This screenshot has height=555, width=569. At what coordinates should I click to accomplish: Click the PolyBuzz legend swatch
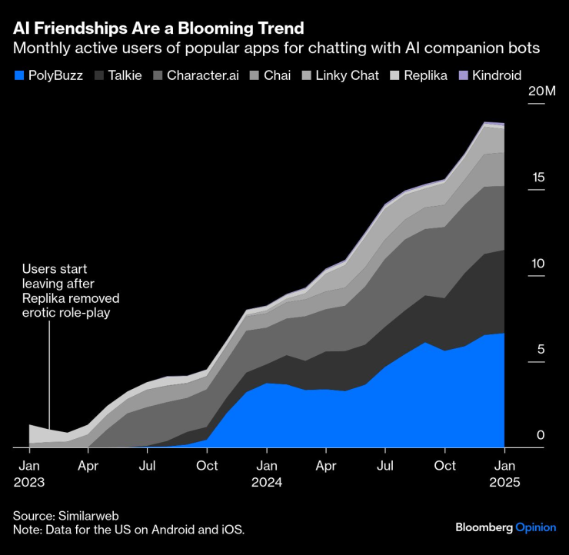(x=19, y=75)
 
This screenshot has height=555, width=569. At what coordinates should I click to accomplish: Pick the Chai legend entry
(x=277, y=75)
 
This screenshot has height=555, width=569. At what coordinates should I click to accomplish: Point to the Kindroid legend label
(x=495, y=75)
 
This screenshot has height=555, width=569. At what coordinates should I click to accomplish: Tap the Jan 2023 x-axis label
(x=29, y=474)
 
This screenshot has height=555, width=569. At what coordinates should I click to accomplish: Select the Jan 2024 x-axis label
(x=267, y=474)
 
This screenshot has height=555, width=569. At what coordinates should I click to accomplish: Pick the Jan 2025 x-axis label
(x=504, y=474)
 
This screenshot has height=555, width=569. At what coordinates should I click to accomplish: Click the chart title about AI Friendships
(x=158, y=28)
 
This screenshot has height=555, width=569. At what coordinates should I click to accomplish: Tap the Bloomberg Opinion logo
(x=506, y=527)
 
